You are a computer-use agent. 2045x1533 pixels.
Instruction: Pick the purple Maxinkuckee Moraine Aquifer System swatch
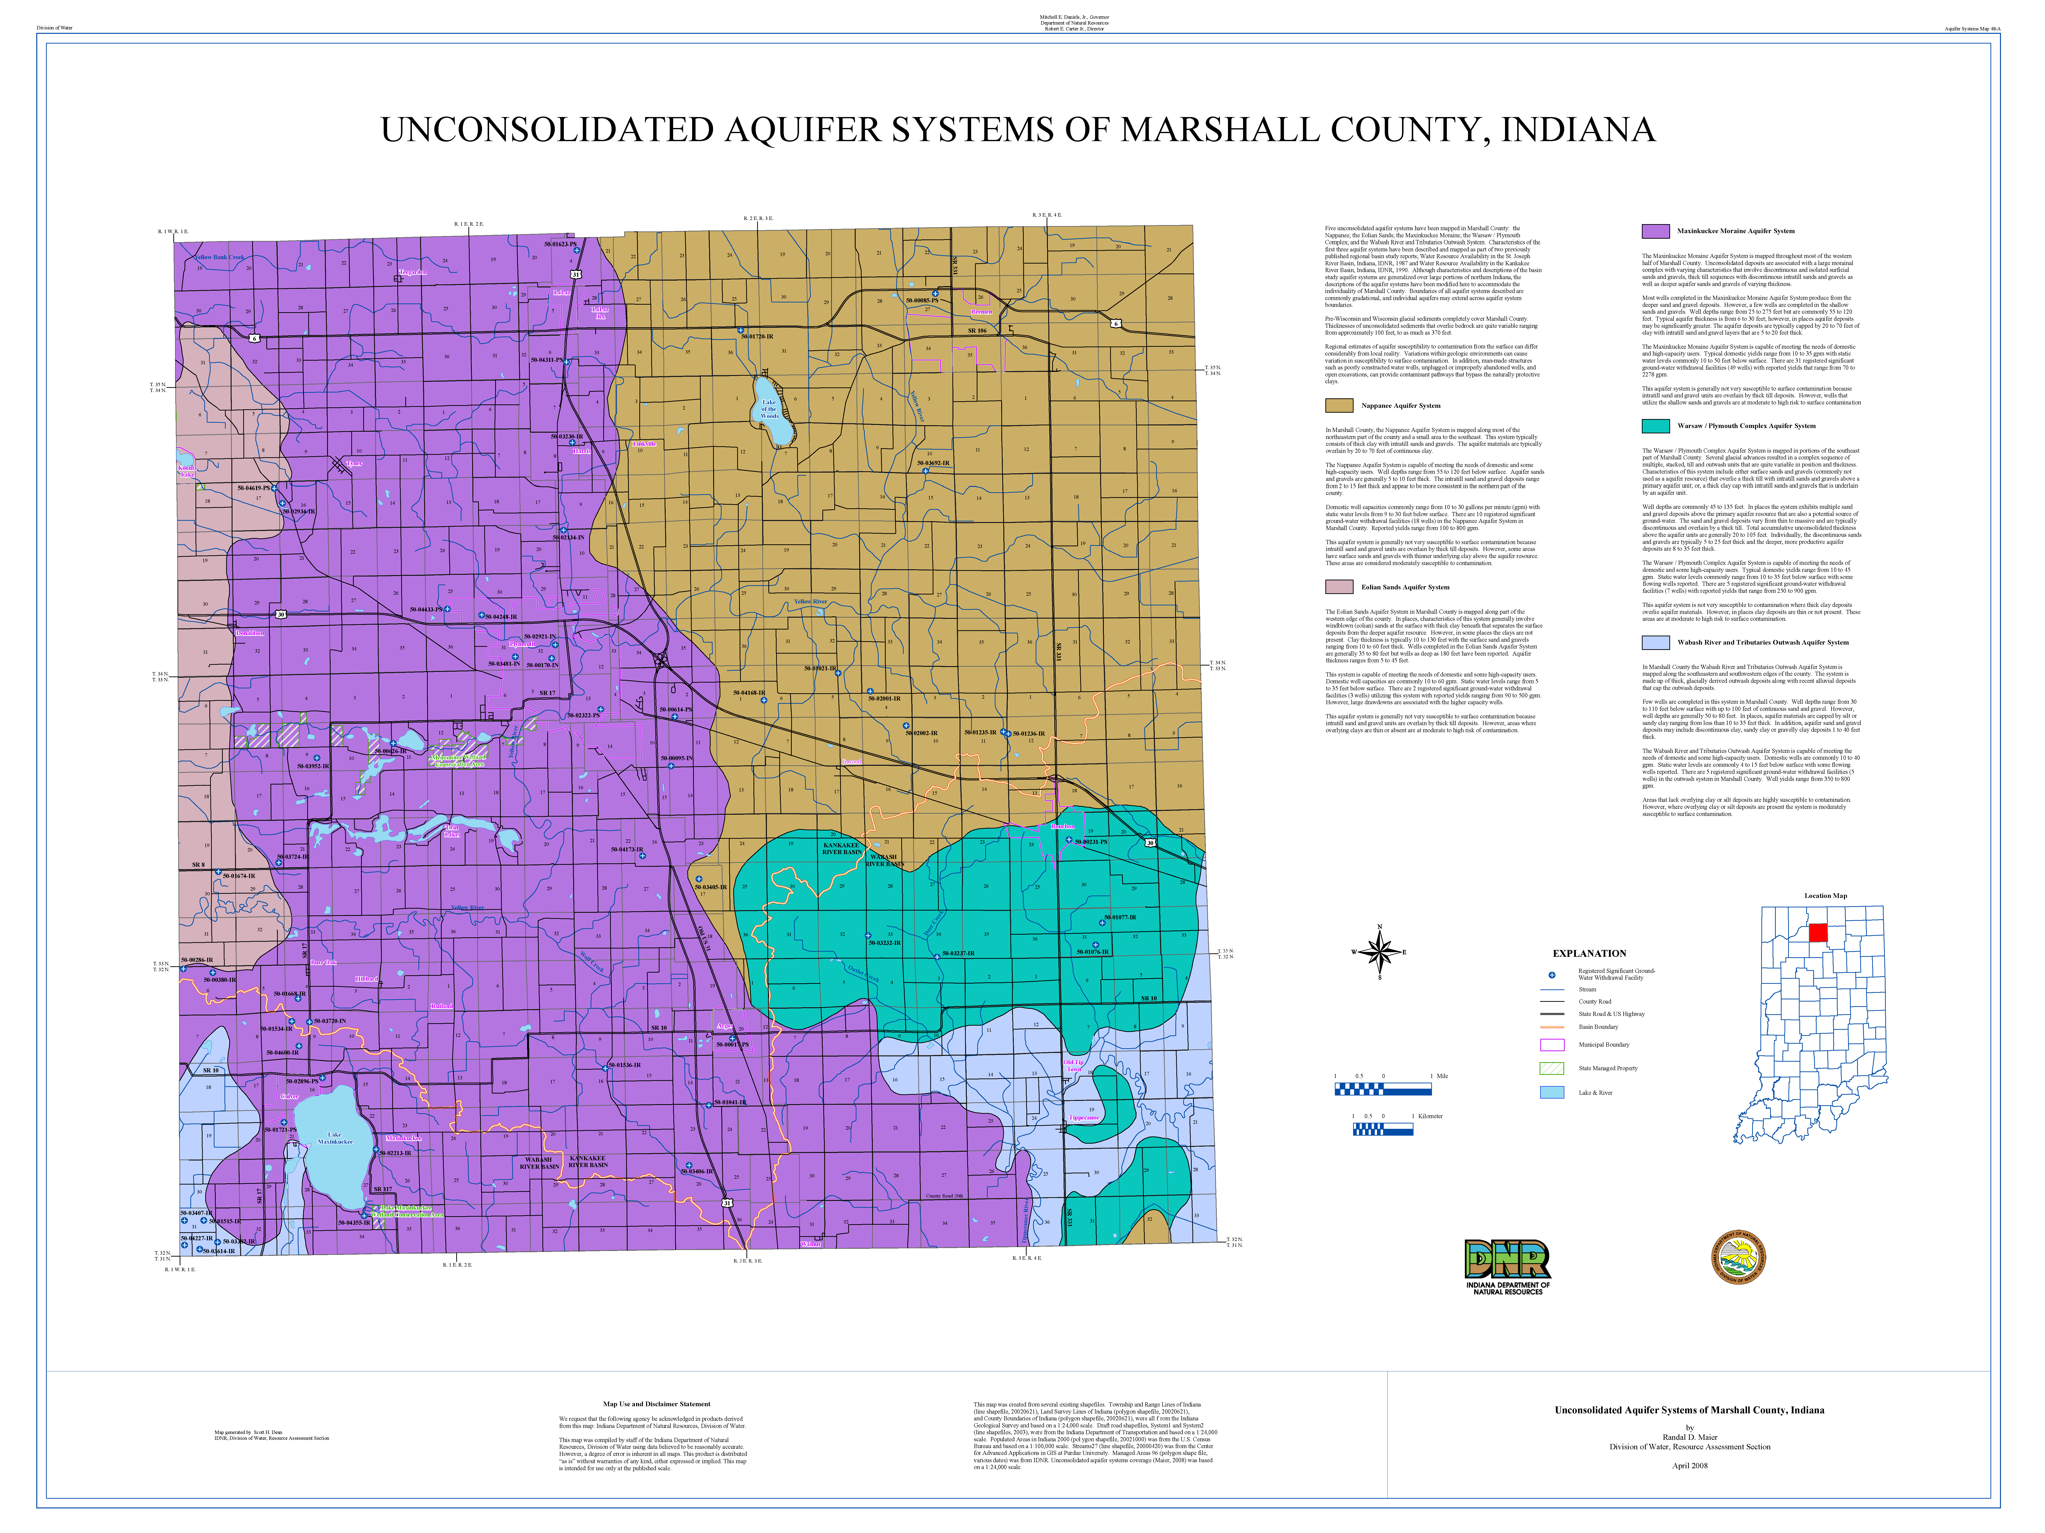1655,231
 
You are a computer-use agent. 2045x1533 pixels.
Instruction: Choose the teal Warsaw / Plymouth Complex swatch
1655,426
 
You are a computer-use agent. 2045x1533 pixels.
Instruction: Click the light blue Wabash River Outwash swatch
1655,642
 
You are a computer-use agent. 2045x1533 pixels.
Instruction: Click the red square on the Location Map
1818,932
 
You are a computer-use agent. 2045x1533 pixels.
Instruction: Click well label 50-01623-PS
560,244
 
